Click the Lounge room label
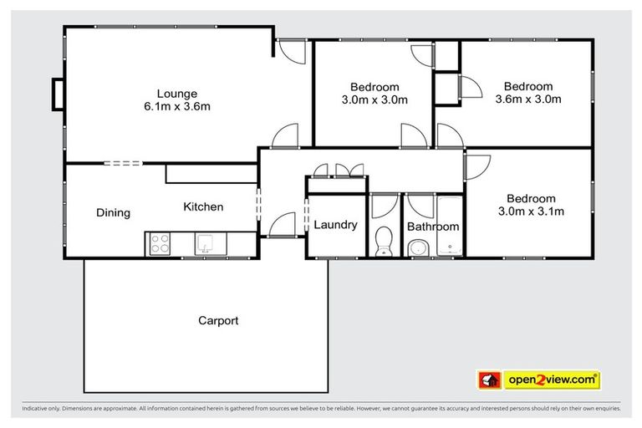pyautogui.click(x=176, y=93)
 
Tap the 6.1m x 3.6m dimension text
pyautogui.click(x=176, y=106)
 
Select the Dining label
pyautogui.click(x=113, y=212)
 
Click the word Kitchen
pyautogui.click(x=203, y=206)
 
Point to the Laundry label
pyautogui.click(x=335, y=225)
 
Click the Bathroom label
pyautogui.click(x=433, y=227)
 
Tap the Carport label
pyautogui.click(x=218, y=320)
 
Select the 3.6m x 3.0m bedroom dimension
pyautogui.click(x=527, y=99)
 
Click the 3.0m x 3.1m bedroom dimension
pyautogui.click(x=531, y=211)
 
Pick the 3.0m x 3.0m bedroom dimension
pyautogui.click(x=374, y=100)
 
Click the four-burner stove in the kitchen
pyautogui.click(x=159, y=244)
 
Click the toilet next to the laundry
pyautogui.click(x=384, y=241)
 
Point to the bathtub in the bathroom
pyautogui.click(x=449, y=227)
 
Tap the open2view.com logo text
pyautogui.click(x=551, y=380)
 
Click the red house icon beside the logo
pyautogui.click(x=489, y=380)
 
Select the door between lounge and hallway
pyautogui.click(x=286, y=136)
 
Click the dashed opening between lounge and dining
pyautogui.click(x=123, y=164)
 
